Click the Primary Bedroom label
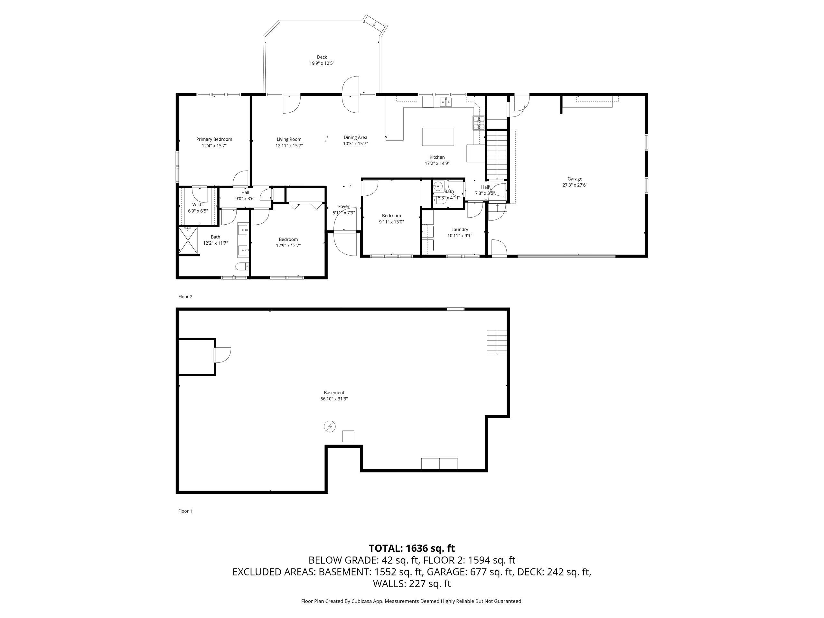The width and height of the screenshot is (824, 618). [214, 139]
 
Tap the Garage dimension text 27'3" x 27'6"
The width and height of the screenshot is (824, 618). [575, 185]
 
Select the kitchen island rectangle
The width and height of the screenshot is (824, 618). [438, 137]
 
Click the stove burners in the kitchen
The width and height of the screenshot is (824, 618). [479, 123]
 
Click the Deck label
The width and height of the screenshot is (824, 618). [322, 57]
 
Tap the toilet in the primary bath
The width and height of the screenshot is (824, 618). [242, 266]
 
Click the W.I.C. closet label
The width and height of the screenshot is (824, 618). [198, 204]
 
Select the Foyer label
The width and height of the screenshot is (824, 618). [343, 206]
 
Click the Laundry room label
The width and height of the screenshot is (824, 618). [460, 229]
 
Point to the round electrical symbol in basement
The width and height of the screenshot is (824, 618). [330, 426]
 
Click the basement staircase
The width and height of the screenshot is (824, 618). [497, 343]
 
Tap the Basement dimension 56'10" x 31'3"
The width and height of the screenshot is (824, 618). [334, 398]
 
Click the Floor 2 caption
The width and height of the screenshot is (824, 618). [185, 296]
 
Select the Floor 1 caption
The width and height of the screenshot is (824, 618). [185, 511]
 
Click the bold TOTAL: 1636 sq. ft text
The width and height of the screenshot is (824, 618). [412, 548]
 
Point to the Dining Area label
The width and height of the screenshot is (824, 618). [355, 137]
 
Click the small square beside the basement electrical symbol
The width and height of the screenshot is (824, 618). [348, 436]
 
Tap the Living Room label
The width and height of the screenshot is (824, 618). [289, 139]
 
